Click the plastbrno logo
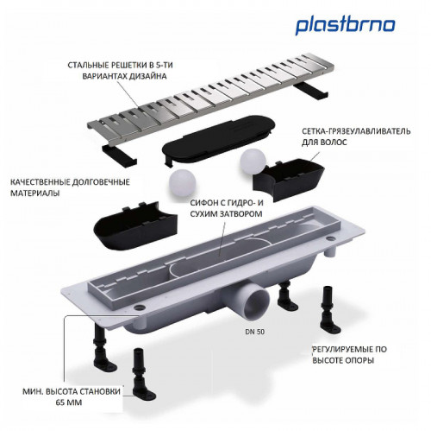(x=347, y=25)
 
